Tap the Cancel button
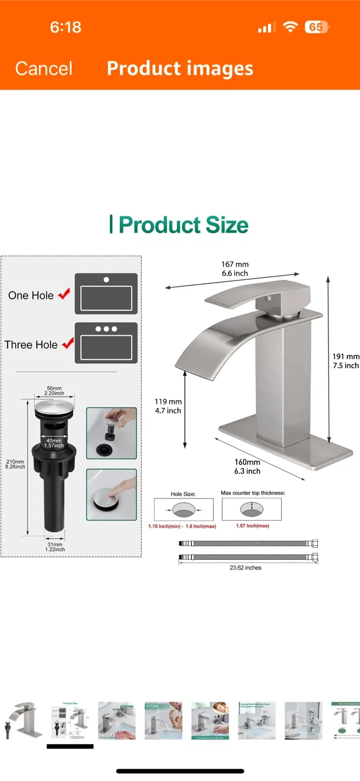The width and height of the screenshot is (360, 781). (x=43, y=68)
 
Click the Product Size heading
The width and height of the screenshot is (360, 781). (x=179, y=225)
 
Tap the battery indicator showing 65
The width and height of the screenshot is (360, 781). (x=316, y=27)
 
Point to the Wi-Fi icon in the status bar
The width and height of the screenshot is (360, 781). (x=291, y=27)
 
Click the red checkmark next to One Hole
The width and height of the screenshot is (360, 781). (x=65, y=295)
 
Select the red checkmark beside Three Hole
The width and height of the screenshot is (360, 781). (x=68, y=344)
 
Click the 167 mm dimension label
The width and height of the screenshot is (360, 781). (x=235, y=264)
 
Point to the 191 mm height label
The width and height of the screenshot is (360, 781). (x=345, y=356)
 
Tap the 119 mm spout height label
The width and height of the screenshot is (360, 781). (x=168, y=402)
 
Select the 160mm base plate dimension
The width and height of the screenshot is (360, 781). (x=247, y=462)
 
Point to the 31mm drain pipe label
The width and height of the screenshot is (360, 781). (x=54, y=545)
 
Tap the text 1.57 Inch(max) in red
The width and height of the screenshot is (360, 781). (x=252, y=526)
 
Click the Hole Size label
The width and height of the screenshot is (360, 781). (x=183, y=494)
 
